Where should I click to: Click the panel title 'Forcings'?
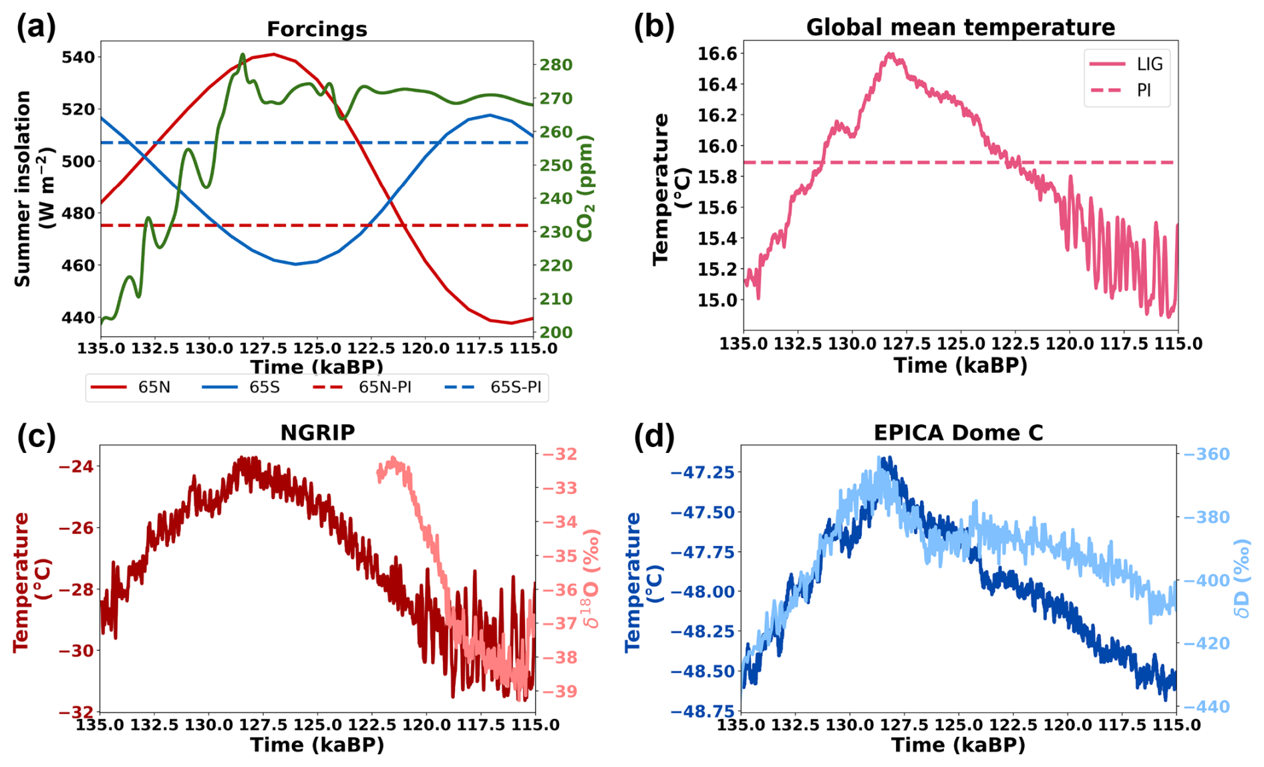pos(317,29)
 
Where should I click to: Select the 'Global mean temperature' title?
pos(960,27)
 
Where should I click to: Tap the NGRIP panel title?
pos(317,433)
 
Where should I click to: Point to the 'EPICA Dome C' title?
pos(958,433)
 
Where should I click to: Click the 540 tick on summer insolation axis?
pos(78,57)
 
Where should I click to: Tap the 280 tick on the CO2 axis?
pos(556,65)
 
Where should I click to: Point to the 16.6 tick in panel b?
pos(718,53)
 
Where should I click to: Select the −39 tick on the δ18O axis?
pos(559,692)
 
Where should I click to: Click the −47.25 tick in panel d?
pos(702,473)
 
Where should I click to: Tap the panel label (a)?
pos(36,27)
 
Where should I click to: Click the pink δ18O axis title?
pos(591,579)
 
